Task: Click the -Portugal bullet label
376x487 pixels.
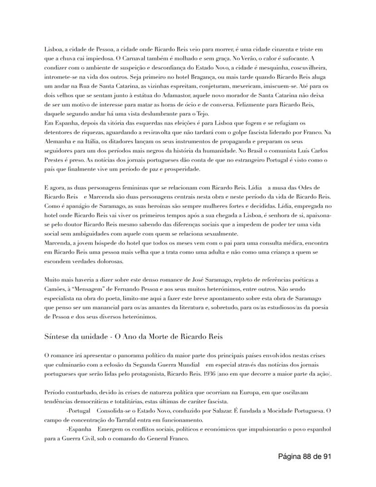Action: [x=80, y=411]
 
